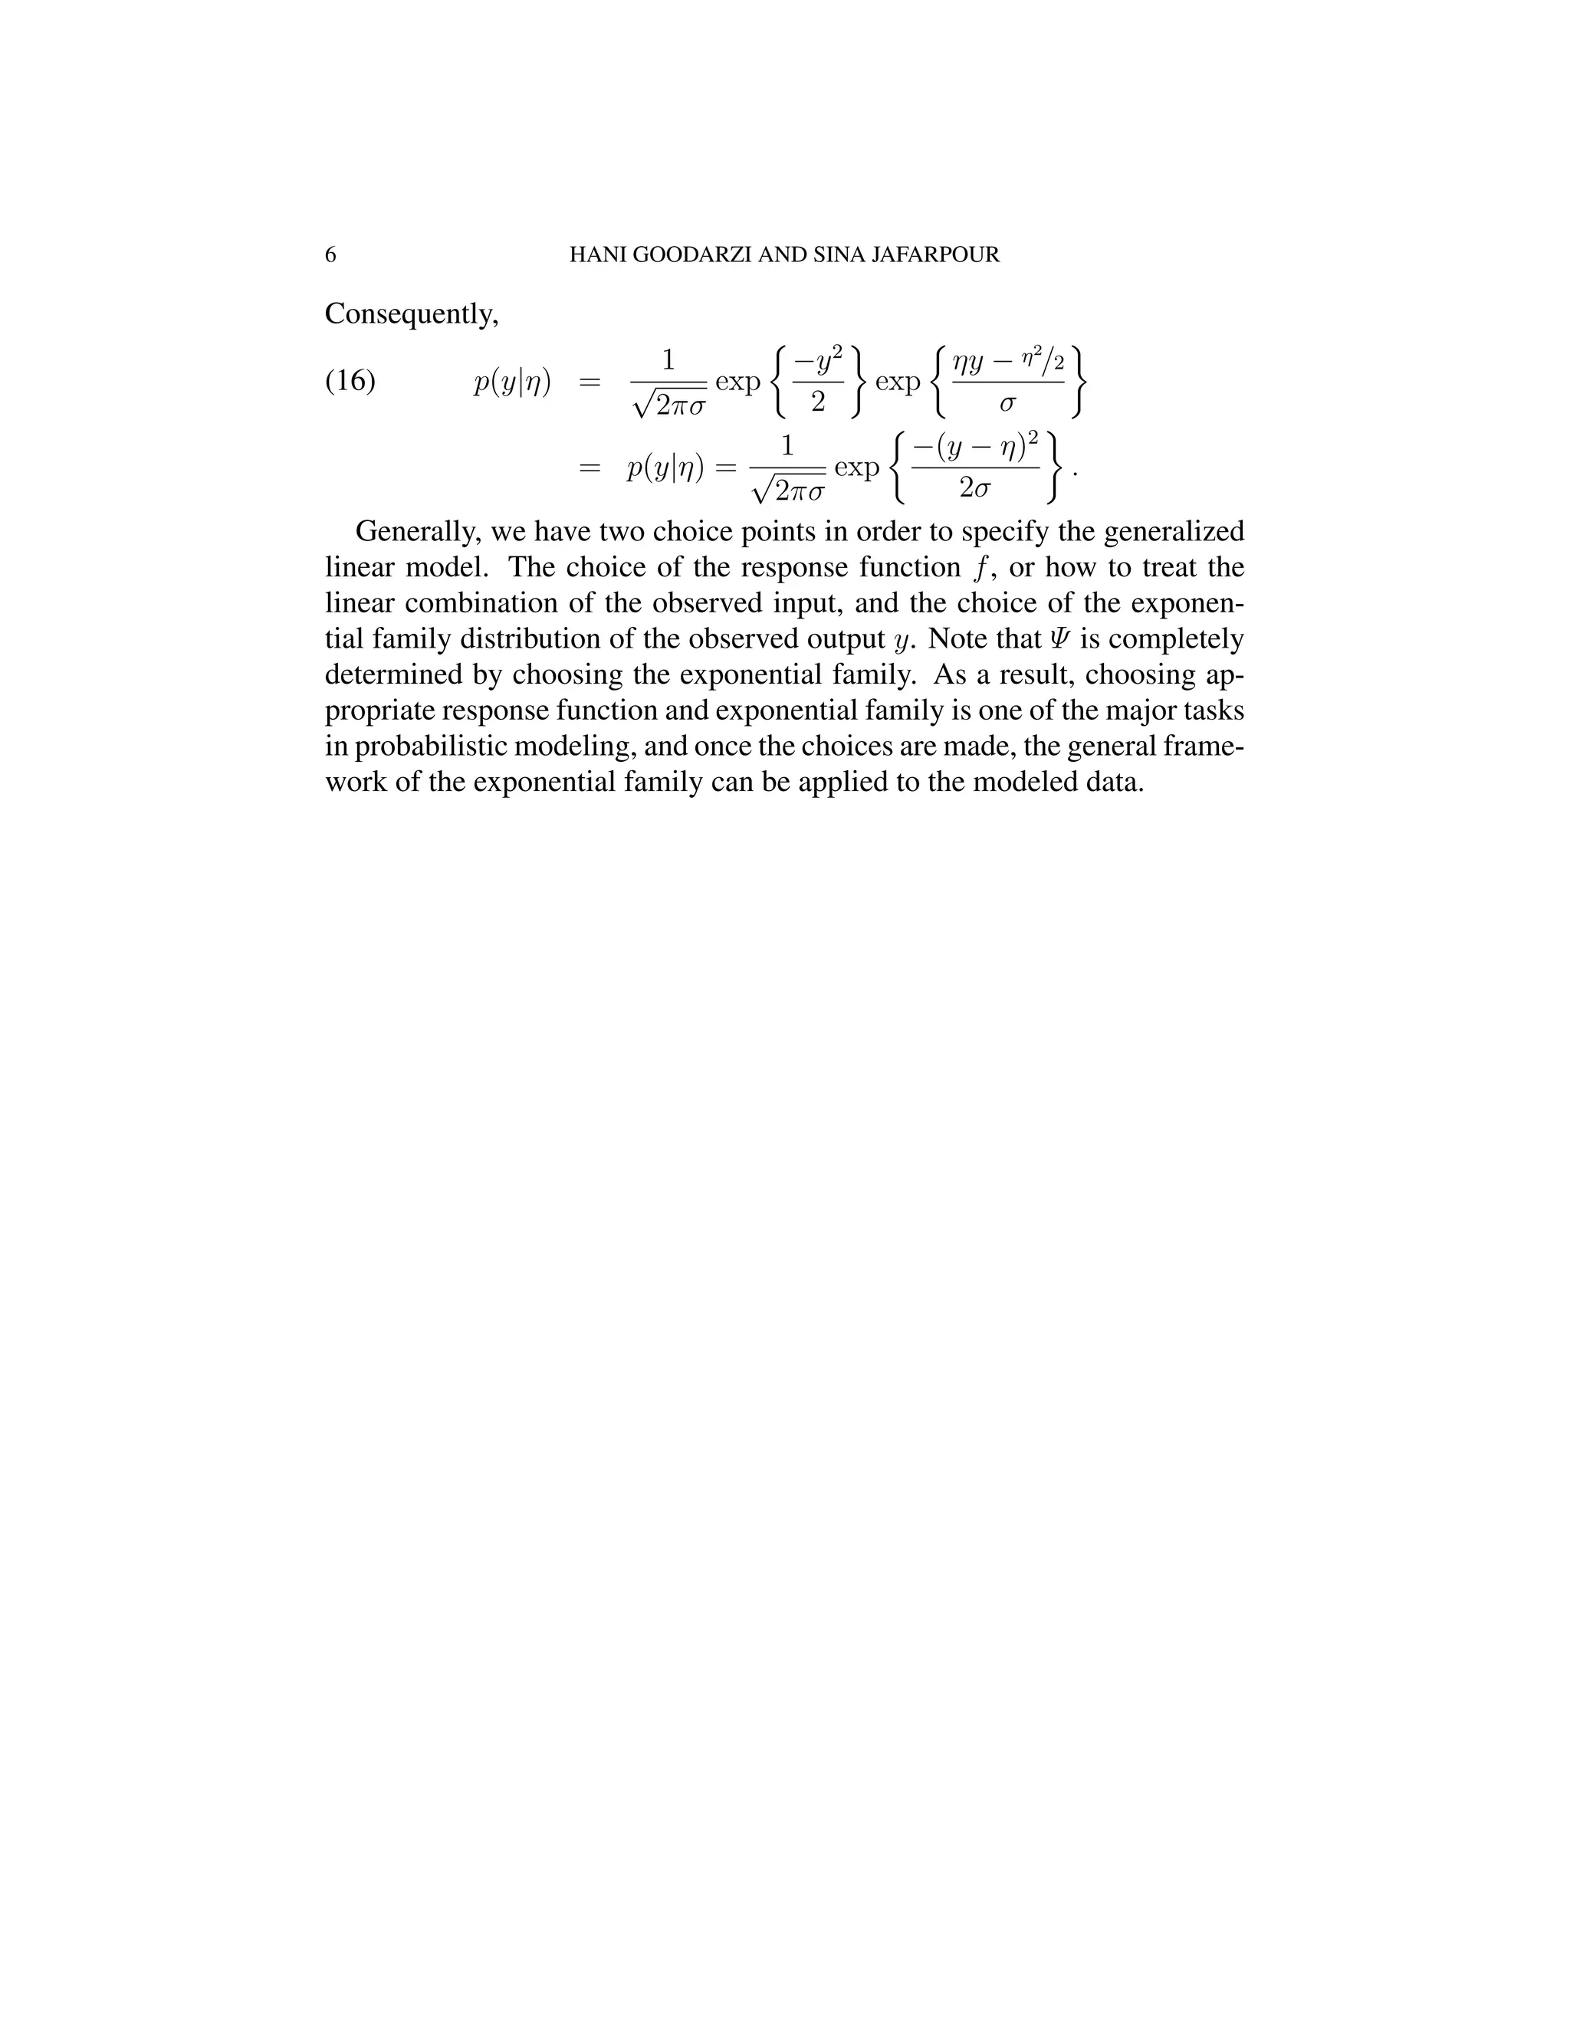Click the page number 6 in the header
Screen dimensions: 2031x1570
click(x=330, y=254)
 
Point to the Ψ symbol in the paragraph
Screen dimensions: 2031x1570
click(x=1059, y=640)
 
